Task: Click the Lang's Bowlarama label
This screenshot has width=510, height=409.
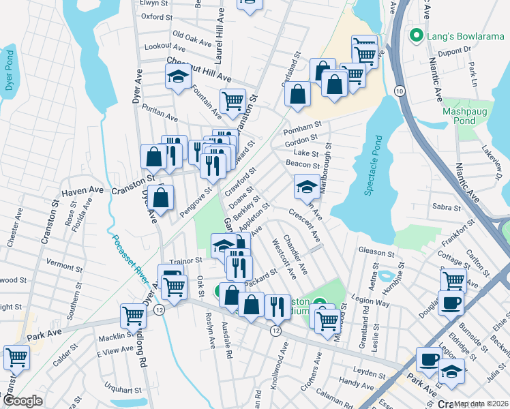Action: coord(459,35)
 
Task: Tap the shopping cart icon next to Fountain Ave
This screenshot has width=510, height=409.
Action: coord(232,101)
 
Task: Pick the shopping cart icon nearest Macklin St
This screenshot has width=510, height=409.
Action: coord(132,316)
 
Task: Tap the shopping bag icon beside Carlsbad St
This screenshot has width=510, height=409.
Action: coord(298,95)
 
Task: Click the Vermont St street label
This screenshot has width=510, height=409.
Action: coord(64,262)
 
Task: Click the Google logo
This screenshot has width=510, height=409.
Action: coord(22,401)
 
